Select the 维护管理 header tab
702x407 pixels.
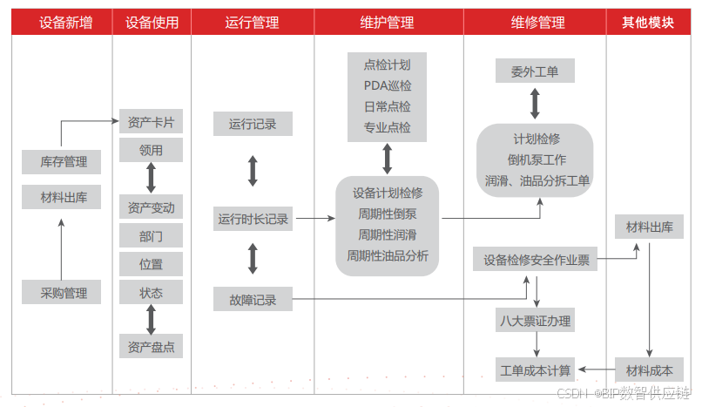coord(388,23)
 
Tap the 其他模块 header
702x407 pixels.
coord(648,23)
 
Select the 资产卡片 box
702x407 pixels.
coord(150,122)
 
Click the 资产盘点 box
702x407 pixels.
coord(150,347)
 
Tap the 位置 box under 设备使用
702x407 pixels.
coord(150,264)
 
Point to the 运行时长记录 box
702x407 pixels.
coord(253,220)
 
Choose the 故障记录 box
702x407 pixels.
coord(253,300)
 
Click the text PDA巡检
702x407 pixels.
coord(388,85)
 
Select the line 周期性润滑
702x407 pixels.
coord(388,234)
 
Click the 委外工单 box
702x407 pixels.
coord(534,71)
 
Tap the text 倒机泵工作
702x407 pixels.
coord(537,160)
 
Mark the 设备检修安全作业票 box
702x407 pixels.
coord(537,259)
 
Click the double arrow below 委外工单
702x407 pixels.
coord(535,103)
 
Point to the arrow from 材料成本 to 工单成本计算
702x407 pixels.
coord(596,370)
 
